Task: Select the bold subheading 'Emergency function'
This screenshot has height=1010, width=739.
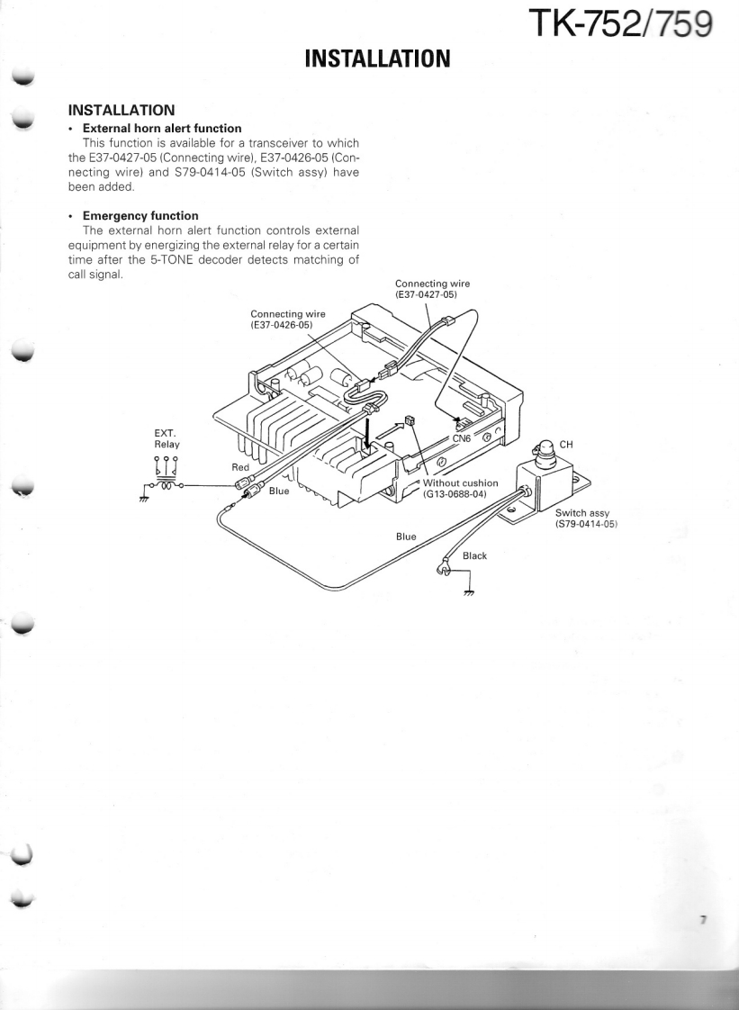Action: [140, 216]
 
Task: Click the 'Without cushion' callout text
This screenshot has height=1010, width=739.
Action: [460, 483]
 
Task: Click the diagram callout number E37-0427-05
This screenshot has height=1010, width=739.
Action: [432, 293]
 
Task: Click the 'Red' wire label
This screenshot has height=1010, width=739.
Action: [240, 467]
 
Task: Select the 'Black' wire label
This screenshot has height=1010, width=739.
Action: [474, 555]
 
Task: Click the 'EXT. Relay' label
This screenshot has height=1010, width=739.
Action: [167, 438]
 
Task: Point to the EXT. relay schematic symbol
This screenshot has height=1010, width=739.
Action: [165, 475]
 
